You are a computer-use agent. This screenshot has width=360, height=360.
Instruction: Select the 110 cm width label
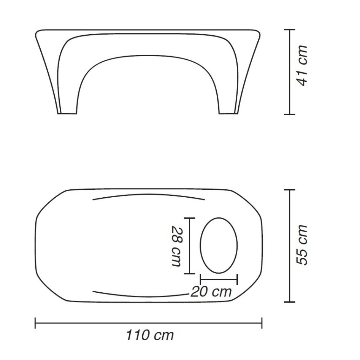[150, 335]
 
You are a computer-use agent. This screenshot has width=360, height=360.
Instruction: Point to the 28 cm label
[177, 246]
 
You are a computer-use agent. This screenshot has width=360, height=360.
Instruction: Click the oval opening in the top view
[200, 246]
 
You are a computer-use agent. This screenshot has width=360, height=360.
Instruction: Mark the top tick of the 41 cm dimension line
[290, 30]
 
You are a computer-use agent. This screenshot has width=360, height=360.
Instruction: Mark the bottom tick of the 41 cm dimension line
[290, 114]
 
